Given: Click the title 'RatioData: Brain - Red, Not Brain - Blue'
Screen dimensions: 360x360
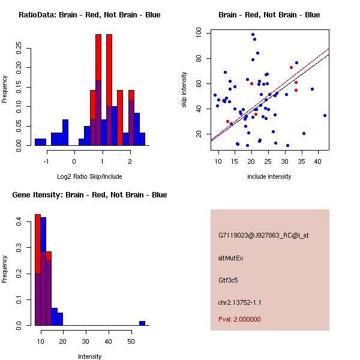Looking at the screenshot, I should pos(89,14).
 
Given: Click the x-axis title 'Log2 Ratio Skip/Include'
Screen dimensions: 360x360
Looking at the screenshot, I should pos(89,176).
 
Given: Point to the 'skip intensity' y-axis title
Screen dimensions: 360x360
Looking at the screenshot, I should pos(185,90).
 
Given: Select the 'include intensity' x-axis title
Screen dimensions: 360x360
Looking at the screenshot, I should pos(269,176).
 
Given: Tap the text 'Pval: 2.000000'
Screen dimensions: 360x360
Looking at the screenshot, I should pos(239,319).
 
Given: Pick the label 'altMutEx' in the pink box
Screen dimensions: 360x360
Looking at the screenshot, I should pos(230,258).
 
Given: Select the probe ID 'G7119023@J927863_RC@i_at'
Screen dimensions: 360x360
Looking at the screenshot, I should pos(263,236).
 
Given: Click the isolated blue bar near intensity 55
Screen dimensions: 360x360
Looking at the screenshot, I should pos(142,323).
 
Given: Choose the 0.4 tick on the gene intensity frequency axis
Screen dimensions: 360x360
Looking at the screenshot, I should pos(19,223).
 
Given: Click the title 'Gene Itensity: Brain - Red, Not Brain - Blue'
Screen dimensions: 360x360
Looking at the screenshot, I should pos(89,194).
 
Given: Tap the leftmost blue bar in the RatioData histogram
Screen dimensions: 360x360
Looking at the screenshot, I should pos(40,142).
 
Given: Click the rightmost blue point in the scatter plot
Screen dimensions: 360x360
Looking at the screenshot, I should pos(325,115).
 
